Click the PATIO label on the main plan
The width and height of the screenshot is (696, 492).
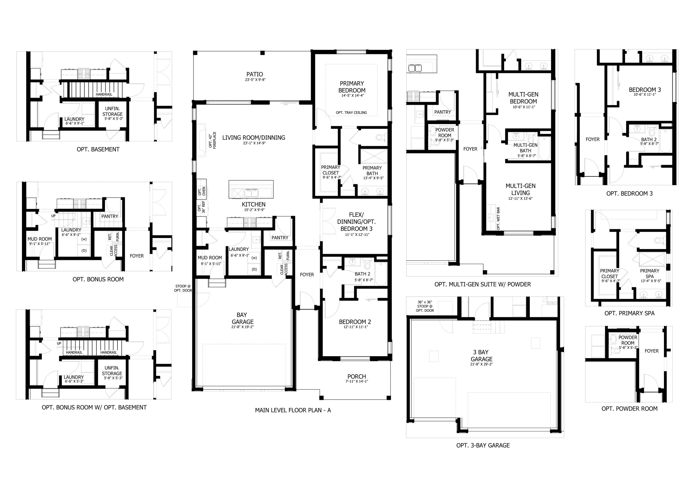pos(255,74)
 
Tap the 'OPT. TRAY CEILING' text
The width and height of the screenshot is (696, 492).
pos(351,113)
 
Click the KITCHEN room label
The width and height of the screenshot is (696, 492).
pos(254,205)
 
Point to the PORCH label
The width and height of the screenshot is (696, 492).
pos(357,377)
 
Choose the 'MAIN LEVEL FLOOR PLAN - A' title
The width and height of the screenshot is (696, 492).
pos(293,410)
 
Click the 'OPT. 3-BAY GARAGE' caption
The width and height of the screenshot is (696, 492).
pos(483,445)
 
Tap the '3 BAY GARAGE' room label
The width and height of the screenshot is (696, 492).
pos(481,356)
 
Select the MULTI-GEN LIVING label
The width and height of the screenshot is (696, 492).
pos(521,189)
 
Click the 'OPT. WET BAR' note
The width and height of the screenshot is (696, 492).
pos(498,218)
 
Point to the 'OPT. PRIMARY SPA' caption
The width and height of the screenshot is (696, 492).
pos(629,313)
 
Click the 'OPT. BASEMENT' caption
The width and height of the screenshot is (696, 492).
pos(98,149)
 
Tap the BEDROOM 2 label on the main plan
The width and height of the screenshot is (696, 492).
pos(355,322)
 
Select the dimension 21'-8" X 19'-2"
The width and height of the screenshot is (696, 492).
pos(242,327)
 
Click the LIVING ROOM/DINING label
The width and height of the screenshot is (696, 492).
pos(254,137)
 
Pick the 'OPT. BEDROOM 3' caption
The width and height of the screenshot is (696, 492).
pos(629,194)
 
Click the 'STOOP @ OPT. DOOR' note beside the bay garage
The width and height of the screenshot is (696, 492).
pos(183,288)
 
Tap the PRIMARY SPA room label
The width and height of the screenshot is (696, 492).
pos(650,274)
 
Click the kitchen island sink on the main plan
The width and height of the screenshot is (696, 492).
pos(251,193)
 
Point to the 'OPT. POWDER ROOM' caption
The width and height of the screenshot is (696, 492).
pos(629,409)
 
